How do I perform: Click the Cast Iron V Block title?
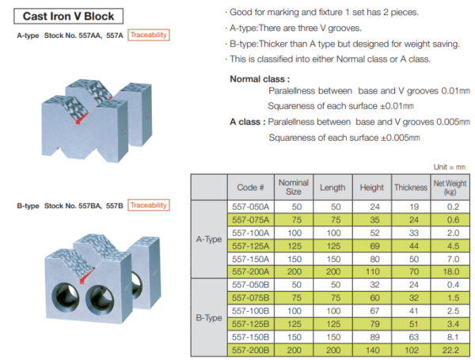[68, 16]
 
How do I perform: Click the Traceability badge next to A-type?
[149, 36]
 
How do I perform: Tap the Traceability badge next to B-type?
[149, 206]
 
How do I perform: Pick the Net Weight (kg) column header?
[451, 188]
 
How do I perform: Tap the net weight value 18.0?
[451, 270]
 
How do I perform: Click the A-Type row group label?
[209, 239]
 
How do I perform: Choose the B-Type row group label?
[209, 317]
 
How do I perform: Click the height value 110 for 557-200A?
[371, 270]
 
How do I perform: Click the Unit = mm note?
[450, 167]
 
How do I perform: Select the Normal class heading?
[260, 79]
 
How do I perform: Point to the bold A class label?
[247, 123]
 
